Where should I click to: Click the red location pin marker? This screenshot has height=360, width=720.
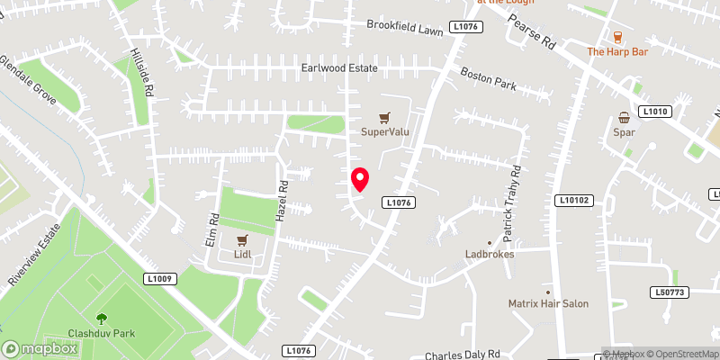point(360,180)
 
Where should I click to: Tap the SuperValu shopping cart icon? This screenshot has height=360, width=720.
point(385,118)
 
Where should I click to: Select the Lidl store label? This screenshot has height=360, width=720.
point(241,255)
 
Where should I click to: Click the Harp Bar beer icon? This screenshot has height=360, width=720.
point(617,37)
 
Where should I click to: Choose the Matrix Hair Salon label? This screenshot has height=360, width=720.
point(547,303)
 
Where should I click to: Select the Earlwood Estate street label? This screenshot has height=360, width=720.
point(339,68)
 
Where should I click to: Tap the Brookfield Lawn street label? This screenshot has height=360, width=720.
point(404,24)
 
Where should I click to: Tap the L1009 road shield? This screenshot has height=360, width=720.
point(158,280)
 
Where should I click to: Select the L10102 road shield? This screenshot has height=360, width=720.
point(574,200)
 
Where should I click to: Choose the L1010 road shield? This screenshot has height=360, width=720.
point(656,111)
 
